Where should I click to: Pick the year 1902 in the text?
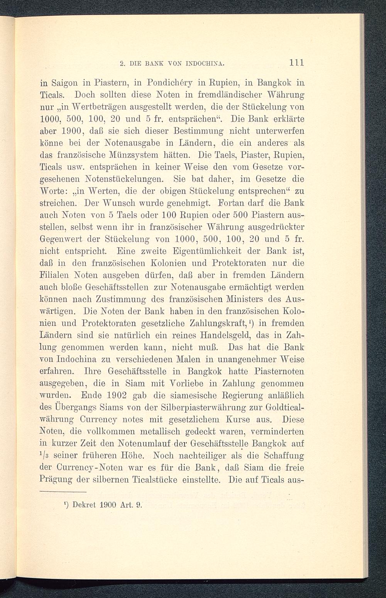click(115, 396)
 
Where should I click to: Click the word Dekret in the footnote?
click(84, 504)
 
